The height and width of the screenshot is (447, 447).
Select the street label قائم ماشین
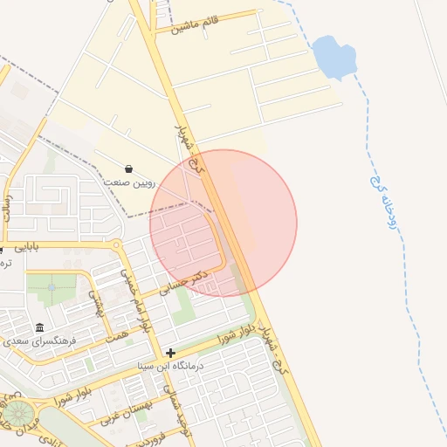coord(195,24)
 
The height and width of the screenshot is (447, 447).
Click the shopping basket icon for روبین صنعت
coord(129,168)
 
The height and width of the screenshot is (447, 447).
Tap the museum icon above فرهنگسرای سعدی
coord(39,327)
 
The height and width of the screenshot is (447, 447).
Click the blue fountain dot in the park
coord(52,286)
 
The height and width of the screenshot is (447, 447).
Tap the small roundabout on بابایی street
coord(117,245)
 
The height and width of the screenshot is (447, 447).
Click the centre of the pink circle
coord(223,223)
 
